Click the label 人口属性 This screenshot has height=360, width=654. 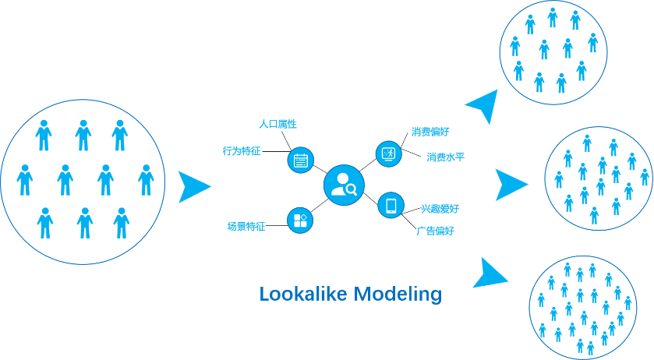(278, 125)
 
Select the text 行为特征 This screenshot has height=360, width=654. (242, 151)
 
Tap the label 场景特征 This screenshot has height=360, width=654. (246, 227)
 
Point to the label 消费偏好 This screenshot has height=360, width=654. (430, 132)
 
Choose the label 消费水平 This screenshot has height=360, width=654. (446, 157)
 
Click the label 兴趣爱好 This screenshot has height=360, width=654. (440, 209)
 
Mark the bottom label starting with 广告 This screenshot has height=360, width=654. (435, 231)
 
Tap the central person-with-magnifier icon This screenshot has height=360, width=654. (344, 185)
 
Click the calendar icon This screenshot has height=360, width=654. (300, 161)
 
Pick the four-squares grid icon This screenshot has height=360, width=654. (300, 221)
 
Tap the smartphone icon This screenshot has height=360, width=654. (391, 206)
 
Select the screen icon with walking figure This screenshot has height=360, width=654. (388, 154)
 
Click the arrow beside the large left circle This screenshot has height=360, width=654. (193, 187)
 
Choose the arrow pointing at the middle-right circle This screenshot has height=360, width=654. (511, 185)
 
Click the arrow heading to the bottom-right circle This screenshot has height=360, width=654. (491, 274)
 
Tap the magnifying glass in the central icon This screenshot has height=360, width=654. (351, 189)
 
